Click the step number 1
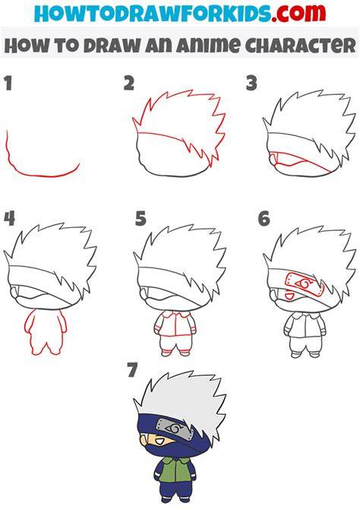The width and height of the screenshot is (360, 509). coord(8,83)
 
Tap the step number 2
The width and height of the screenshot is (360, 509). coord(129,83)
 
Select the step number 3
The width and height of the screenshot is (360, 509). coord(251,83)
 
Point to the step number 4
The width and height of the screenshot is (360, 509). coord(9,218)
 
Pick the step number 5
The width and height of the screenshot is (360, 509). coord(141,218)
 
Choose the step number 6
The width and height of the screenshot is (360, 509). coord(264,218)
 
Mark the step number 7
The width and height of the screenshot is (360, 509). coord(132,370)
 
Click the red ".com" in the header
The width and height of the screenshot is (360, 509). coord(298,14)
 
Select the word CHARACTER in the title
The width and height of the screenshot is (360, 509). coord(302,45)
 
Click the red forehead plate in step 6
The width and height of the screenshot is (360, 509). coord(305,284)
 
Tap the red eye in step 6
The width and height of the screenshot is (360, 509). coord(289,296)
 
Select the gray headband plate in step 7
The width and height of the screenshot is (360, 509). coord(175,429)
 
